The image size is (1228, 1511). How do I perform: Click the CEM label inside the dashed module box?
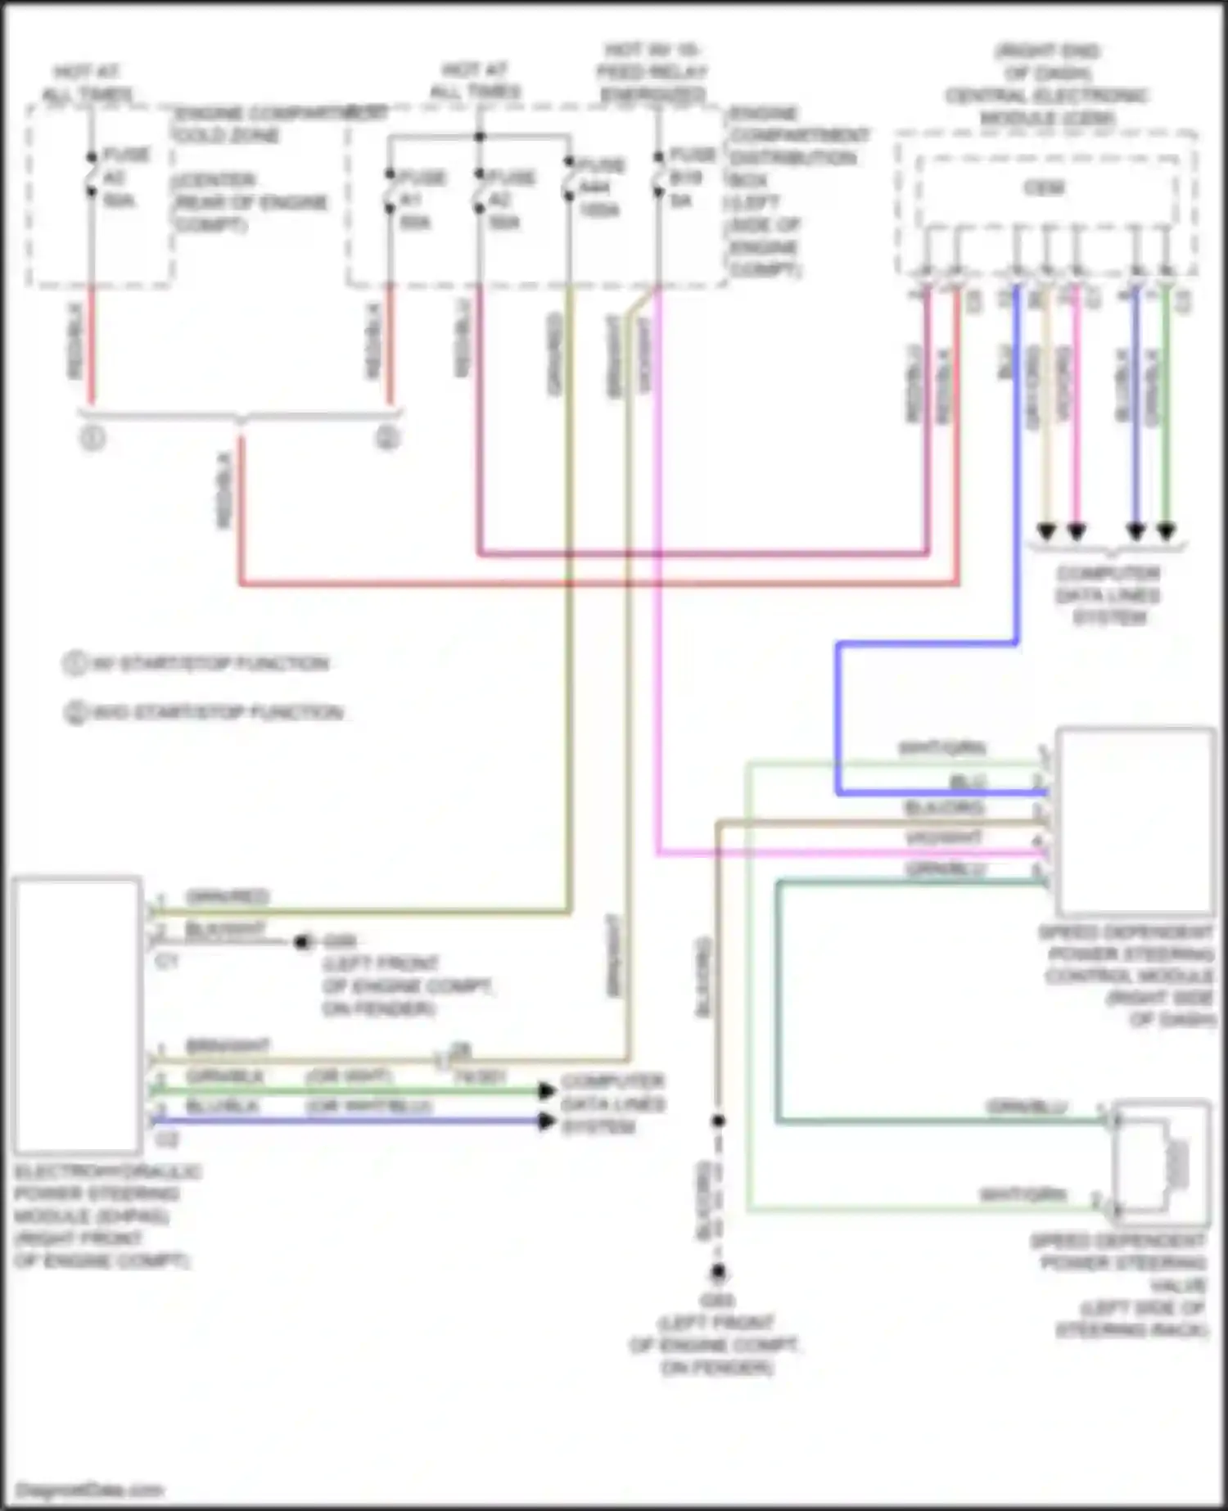coord(1045,187)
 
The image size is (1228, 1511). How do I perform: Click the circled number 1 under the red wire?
coord(93,439)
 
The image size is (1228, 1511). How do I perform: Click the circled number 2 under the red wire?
coord(388,439)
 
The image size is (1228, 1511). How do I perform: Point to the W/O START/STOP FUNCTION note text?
coord(216,712)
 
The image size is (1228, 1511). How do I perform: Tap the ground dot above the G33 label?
coord(718,1272)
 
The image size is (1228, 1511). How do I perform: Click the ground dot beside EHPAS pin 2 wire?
coord(303,942)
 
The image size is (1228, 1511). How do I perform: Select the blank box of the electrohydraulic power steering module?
coord(77,1015)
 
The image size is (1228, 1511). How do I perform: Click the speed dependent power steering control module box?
coord(1135,821)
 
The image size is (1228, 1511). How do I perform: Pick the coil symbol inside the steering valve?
coord(1177,1162)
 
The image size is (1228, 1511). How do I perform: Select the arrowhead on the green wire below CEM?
coord(1166,532)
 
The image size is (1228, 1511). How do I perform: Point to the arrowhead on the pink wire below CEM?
coord(1077,532)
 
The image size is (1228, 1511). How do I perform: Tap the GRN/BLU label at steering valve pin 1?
coord(1027,1107)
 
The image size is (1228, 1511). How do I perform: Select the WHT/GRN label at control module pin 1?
coord(941,747)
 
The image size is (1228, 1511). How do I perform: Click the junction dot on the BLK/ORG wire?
coord(718,1120)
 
